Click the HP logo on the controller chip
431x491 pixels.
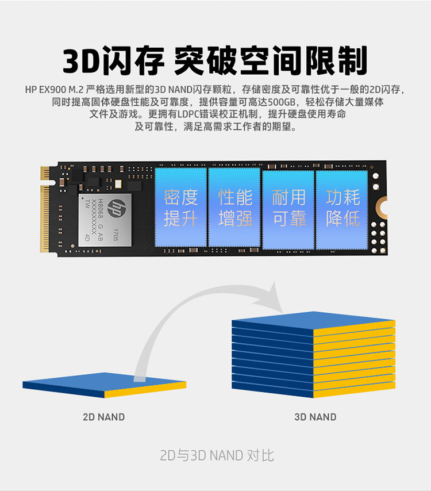pos(117,208)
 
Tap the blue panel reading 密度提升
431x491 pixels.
pos(181,208)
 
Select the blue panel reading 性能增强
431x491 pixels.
pos(234,208)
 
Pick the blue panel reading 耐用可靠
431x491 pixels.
pos(288,210)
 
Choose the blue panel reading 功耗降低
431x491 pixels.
pos(342,210)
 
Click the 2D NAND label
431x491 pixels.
pos(104,417)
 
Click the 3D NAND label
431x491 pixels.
pos(315,417)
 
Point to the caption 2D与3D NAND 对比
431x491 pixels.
pos(217,455)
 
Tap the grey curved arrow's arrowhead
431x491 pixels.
pos(270,297)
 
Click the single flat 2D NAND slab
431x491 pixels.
pos(105,385)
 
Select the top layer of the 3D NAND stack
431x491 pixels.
pos(314,321)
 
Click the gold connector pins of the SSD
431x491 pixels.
pos(45,209)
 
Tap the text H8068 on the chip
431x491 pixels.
pos(101,209)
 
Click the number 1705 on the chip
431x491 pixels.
pos(116,235)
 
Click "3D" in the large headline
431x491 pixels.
pos(82,61)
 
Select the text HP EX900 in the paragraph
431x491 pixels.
pos(46,90)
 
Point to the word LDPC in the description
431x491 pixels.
pos(187,114)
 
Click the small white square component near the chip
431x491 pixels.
pos(118,184)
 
